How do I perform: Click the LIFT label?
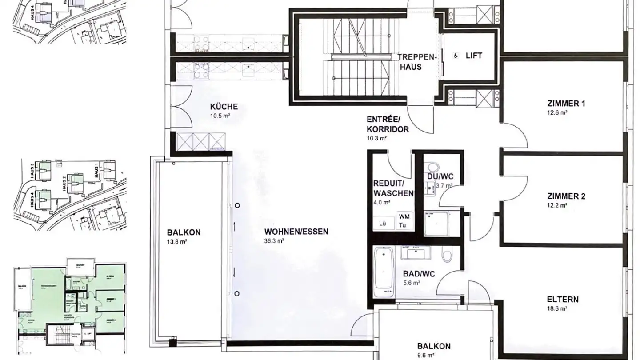474,56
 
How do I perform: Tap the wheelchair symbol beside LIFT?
456,56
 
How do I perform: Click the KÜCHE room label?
224,107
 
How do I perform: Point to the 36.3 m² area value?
274,241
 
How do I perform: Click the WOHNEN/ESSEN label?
296,232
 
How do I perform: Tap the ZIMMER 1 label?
566,104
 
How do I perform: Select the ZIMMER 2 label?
566,196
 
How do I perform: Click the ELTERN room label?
563,299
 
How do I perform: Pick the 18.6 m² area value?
557,308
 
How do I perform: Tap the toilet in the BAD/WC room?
447,256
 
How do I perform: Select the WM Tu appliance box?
404,221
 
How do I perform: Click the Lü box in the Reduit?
383,224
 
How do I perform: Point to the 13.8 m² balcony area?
177,241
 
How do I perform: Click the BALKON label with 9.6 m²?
433,346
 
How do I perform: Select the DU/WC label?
440,177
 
